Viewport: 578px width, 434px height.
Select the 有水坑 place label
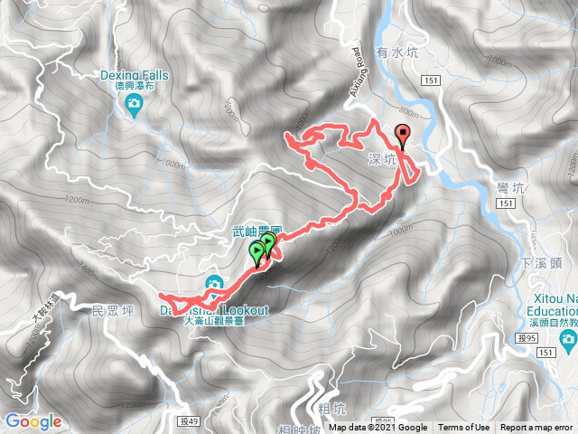[398, 54]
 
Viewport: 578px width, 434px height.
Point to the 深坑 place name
[382, 159]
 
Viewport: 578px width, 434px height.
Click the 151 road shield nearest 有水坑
[430, 81]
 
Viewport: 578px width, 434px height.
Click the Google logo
[33, 421]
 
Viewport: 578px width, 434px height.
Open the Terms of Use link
[464, 428]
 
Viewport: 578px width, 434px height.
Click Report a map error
[538, 428]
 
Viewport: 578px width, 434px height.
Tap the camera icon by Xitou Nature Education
[568, 340]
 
